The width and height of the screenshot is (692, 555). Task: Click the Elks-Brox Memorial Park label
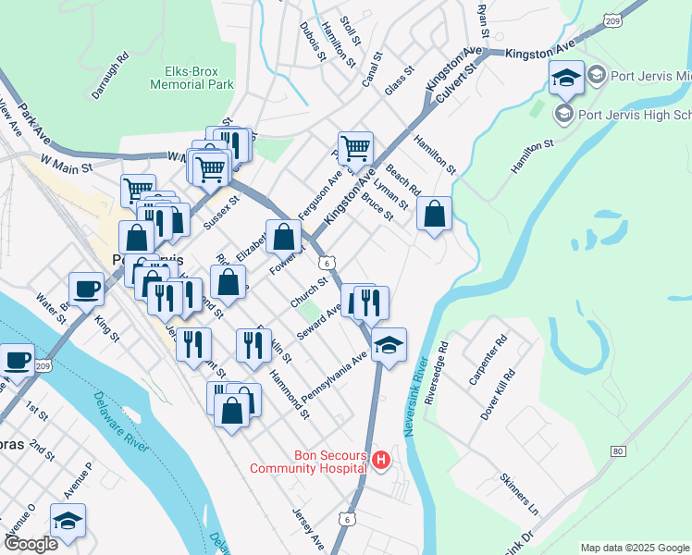click(x=192, y=77)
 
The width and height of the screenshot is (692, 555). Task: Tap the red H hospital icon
click(x=380, y=460)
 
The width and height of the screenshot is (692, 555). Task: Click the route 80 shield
click(x=618, y=451)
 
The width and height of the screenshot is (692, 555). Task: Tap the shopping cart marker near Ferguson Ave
click(x=355, y=148)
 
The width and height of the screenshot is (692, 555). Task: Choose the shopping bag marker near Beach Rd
click(x=434, y=215)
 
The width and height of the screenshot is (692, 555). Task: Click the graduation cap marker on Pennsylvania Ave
click(x=389, y=345)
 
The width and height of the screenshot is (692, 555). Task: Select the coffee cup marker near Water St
click(x=86, y=288)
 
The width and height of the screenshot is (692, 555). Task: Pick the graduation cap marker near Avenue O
click(x=68, y=521)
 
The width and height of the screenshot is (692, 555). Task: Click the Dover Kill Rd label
click(x=491, y=397)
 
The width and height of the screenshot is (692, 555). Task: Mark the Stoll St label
click(x=350, y=29)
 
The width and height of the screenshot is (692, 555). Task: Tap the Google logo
click(x=30, y=544)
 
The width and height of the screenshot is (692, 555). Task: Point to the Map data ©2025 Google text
click(x=635, y=548)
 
